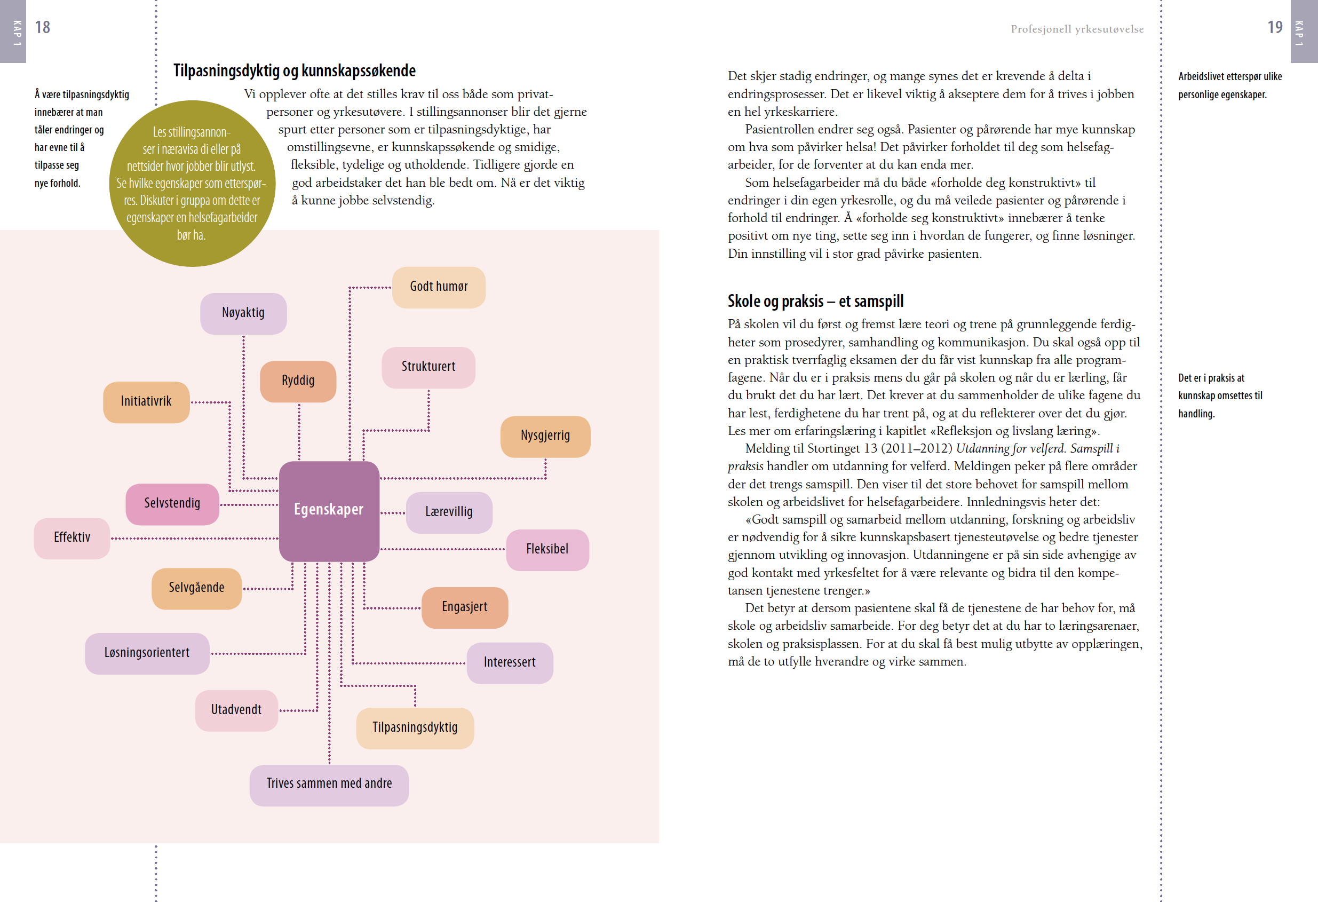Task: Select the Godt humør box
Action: click(x=439, y=287)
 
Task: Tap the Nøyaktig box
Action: click(x=243, y=313)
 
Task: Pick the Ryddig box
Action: click(x=298, y=381)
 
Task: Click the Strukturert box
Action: click(x=428, y=367)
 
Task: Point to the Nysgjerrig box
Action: click(x=545, y=436)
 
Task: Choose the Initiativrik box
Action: click(x=146, y=402)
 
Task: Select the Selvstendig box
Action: click(x=172, y=504)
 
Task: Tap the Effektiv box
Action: click(x=72, y=538)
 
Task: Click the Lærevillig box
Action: click(x=449, y=512)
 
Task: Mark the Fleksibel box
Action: click(x=547, y=550)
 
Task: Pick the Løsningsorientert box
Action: click(x=147, y=653)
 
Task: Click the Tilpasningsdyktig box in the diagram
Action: click(x=415, y=728)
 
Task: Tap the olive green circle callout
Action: click(x=192, y=183)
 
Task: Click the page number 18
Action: click(x=43, y=27)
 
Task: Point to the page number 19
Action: click(x=1274, y=27)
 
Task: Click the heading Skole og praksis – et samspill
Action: click(x=815, y=301)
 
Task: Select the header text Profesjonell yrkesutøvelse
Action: click(x=1076, y=29)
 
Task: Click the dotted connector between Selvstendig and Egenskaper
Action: click(x=249, y=505)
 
